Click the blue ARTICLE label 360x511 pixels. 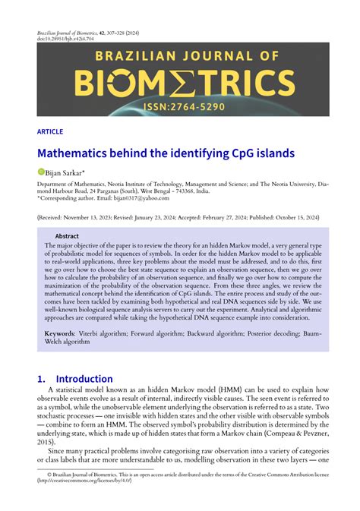[49, 131]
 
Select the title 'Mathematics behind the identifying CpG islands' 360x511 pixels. [166, 153]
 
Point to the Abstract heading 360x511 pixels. [67, 236]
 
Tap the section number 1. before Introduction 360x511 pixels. [43, 378]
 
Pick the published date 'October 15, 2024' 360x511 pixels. [295, 216]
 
